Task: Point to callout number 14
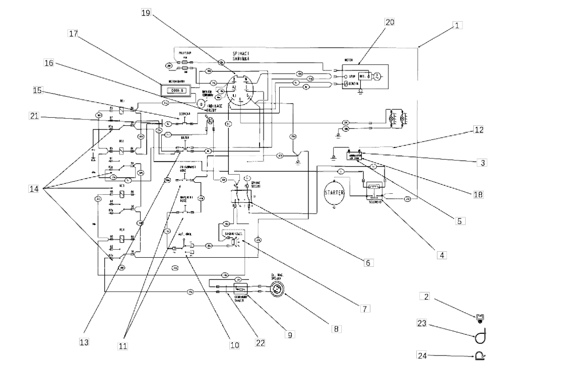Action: click(x=34, y=189)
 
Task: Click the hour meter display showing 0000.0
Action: click(x=173, y=91)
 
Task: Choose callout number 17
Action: click(x=74, y=33)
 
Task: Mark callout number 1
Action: click(x=457, y=24)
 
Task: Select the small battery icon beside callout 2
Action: click(x=480, y=317)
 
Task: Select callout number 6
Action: click(x=368, y=262)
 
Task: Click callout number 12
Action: click(x=479, y=129)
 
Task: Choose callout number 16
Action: click(x=49, y=63)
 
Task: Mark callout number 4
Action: click(x=441, y=255)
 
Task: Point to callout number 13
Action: click(x=84, y=342)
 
